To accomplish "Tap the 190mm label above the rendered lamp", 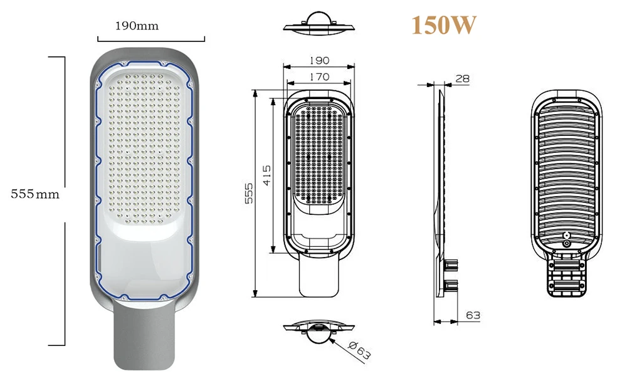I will pos(137,26).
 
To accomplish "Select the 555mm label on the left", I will pos(35,194).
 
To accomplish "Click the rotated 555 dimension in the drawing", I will pos(248,195).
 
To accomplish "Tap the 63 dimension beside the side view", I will pos(473,315).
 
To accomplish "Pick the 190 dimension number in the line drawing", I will pos(319,61).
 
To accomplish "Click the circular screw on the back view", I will pos(567,242).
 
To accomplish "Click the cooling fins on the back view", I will pos(567,169).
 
